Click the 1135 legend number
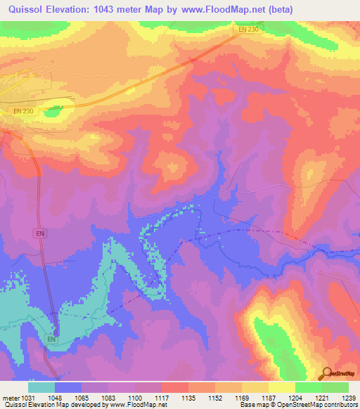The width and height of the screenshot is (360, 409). pyautogui.click(x=188, y=398)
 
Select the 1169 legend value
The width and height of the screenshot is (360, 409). pyautogui.click(x=242, y=398)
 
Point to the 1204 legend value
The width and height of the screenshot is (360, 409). pyautogui.click(x=295, y=398)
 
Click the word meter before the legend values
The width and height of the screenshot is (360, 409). pyautogui.click(x=10, y=398)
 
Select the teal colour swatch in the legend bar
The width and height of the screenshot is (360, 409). pyautogui.click(x=41, y=387)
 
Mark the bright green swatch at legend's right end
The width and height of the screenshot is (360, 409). pyautogui.click(x=335, y=387)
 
